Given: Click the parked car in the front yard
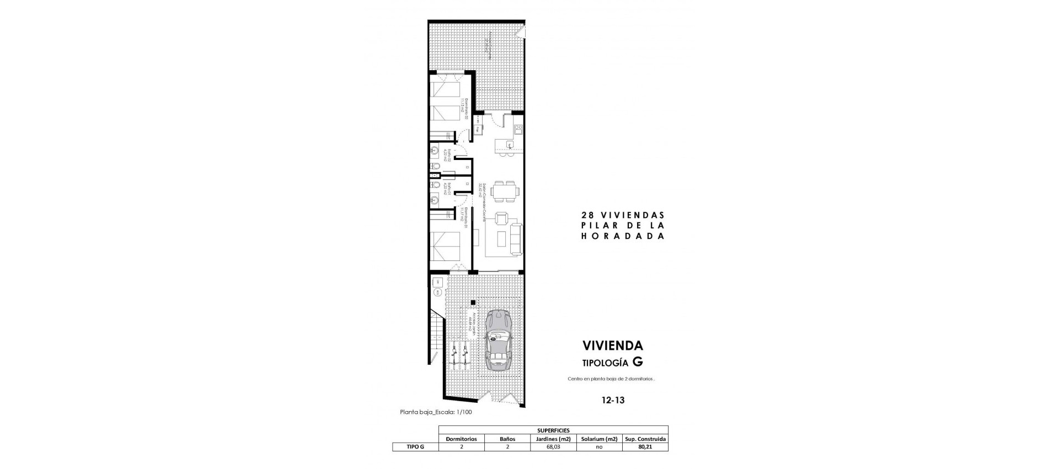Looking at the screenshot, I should click(x=499, y=341).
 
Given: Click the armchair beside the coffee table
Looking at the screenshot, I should click(x=501, y=220).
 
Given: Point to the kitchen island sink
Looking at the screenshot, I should click(x=509, y=145).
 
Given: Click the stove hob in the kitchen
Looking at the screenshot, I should click(x=518, y=130).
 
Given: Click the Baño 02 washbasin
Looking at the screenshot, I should click(x=436, y=150).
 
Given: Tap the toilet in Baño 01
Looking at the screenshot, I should click(x=436, y=184).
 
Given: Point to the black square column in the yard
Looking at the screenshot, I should click(x=473, y=302).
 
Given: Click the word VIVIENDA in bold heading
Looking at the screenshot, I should click(x=613, y=346).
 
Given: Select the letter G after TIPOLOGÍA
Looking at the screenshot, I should click(x=638, y=362).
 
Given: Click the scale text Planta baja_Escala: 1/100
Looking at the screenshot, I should click(x=436, y=412).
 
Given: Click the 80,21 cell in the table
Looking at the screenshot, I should click(x=645, y=447).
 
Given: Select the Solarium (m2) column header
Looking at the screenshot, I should click(x=599, y=439).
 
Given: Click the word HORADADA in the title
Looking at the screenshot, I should click(x=623, y=236).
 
